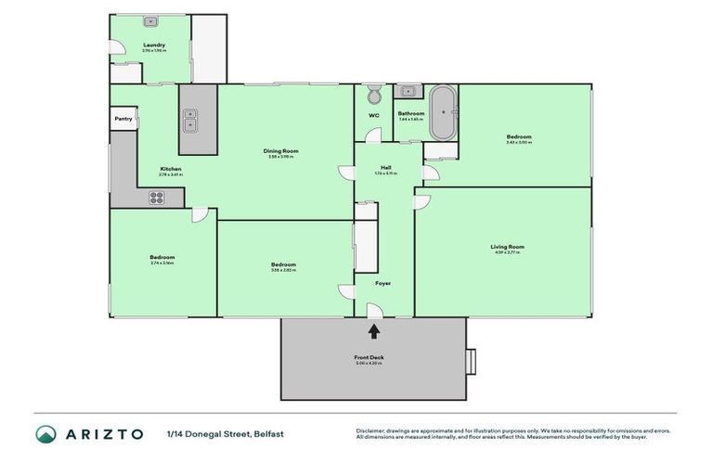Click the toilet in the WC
tap(374, 96)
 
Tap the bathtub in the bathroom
tap(441, 111)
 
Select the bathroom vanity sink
tap(408, 91)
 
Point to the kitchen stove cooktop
tap(157, 197)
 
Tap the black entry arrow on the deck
tap(374, 330)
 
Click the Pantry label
tap(123, 119)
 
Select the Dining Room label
tap(279, 150)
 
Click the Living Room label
tap(507, 246)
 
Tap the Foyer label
tap(382, 283)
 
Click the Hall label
tap(385, 168)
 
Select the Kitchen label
tap(170, 168)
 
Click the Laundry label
tap(153, 45)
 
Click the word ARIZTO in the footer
tap(104, 434)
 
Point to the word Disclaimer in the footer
tap(372, 430)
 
